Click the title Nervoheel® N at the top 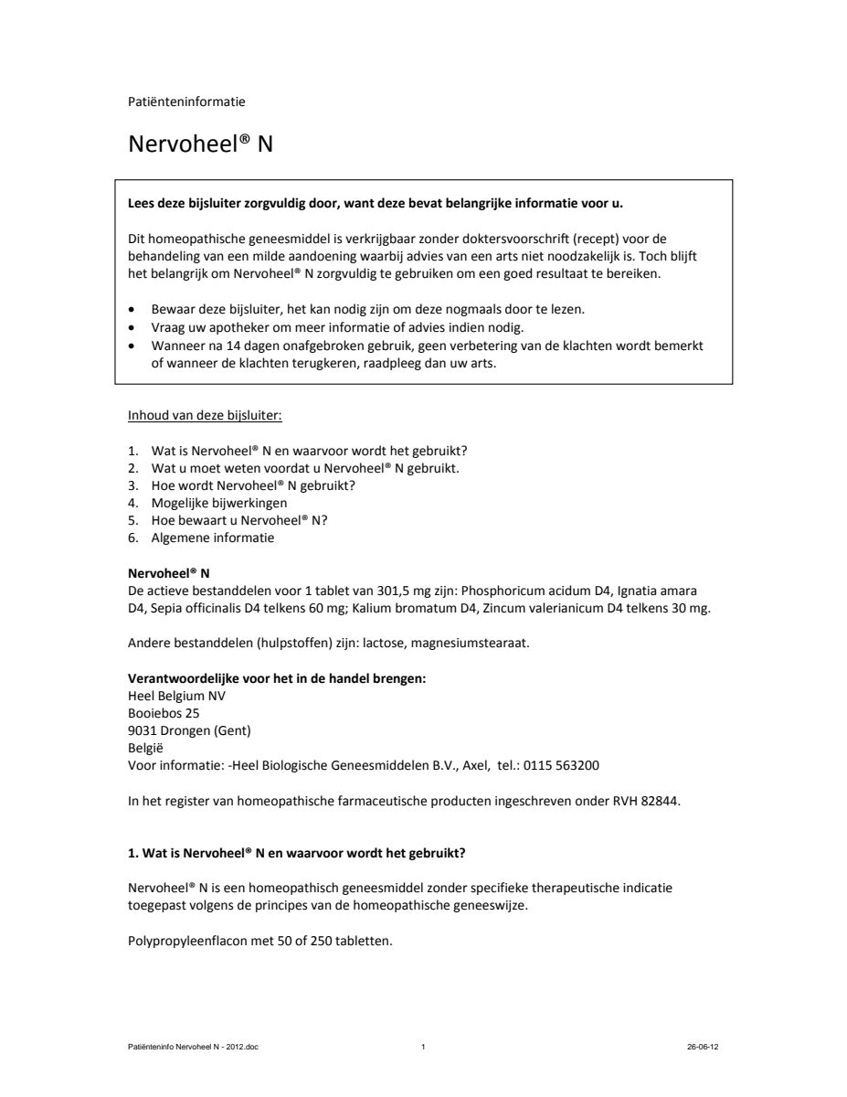pos(200,144)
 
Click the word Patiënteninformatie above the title pos(186,101)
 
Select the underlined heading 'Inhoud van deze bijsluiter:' pos(206,416)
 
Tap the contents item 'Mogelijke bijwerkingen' pos(218,503)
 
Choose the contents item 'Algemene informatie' pos(212,538)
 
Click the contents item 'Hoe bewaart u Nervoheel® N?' pos(238,520)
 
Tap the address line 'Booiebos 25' pos(164,713)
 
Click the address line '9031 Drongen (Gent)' pos(189,730)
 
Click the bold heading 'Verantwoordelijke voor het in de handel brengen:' pos(277,678)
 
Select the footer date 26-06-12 pos(703,1048)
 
